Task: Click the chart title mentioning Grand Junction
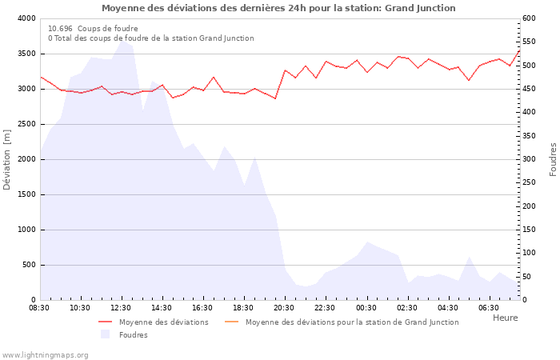pos(278,8)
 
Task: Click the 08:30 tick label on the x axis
pos(39,307)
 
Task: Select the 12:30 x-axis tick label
pos(121,307)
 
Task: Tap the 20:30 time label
pos(284,307)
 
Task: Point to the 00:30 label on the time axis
pos(366,307)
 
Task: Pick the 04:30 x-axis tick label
pos(447,307)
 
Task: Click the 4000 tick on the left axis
pos(26,18)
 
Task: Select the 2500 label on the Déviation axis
pos(26,124)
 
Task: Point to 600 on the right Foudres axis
pos(530,18)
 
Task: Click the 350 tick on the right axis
pos(530,136)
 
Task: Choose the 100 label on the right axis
pos(530,253)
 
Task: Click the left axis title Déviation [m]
pos(7,159)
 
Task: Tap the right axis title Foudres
pos(553,159)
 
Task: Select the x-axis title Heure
pos(505,318)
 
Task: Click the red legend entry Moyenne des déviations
pos(163,322)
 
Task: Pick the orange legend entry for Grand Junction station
pos(352,322)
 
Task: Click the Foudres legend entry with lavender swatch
pos(133,335)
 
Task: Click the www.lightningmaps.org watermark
pos(45,354)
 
